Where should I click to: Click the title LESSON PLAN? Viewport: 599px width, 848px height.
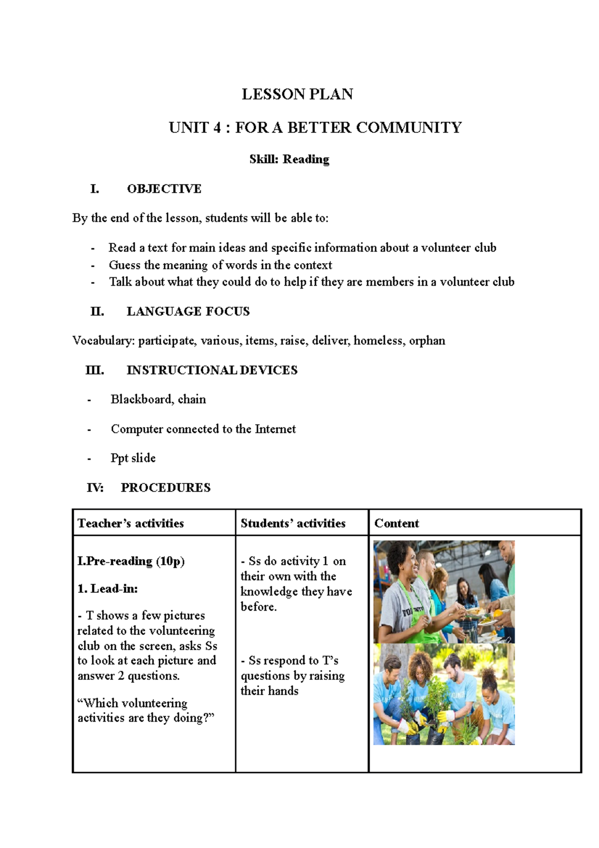pos(298,94)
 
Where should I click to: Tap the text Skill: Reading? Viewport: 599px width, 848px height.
pos(289,159)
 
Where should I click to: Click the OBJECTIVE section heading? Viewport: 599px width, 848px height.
pos(164,188)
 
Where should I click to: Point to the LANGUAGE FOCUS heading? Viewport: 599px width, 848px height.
pos(188,311)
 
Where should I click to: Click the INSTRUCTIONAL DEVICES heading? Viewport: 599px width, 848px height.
pos(212,370)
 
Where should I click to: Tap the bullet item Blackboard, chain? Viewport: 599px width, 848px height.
pos(158,399)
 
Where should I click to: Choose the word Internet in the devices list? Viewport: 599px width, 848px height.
pos(275,429)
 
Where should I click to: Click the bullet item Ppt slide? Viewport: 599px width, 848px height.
pos(133,458)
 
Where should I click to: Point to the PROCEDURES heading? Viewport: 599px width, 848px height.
pos(165,487)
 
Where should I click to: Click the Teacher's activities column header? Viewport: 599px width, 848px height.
pos(131,523)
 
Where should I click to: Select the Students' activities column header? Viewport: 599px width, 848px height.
pos(293,523)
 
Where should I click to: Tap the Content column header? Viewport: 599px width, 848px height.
pos(396,523)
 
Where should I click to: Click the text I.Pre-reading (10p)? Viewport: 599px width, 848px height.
pos(131,561)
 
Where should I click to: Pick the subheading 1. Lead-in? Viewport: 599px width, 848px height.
pos(107,588)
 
